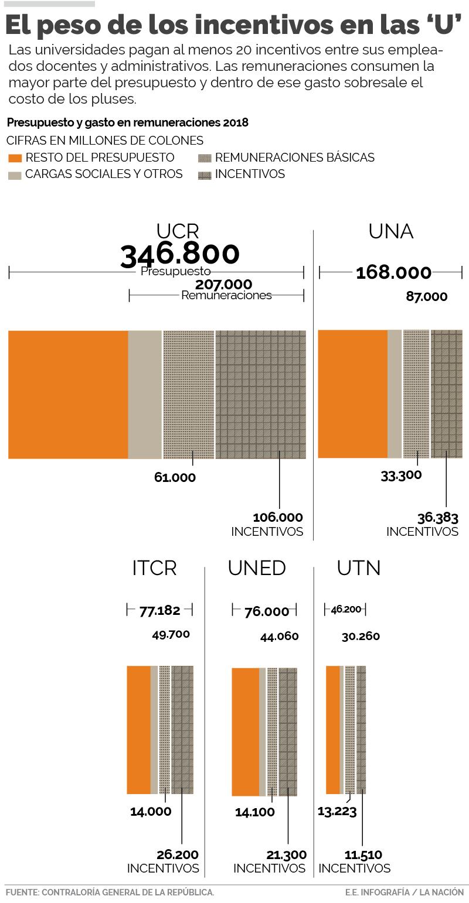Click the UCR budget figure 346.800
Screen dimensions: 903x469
[180, 254]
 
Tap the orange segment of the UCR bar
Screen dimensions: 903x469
[68, 394]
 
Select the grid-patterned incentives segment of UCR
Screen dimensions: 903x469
[260, 394]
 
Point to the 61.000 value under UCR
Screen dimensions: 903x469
[175, 477]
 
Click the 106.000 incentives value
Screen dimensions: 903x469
[278, 518]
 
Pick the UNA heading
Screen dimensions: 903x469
[391, 232]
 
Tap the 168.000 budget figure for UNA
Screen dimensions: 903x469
[393, 272]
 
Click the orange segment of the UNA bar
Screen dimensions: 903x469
[352, 394]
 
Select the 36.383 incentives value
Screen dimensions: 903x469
[437, 518]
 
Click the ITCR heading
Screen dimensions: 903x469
[154, 568]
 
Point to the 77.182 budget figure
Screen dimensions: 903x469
[159, 610]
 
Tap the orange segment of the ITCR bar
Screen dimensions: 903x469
[138, 730]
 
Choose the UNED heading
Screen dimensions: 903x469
[257, 568]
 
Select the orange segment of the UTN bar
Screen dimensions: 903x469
[332, 730]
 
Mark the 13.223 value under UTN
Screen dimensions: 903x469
[337, 811]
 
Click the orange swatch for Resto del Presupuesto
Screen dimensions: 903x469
[15, 158]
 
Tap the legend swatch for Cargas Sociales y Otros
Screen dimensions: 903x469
[15, 175]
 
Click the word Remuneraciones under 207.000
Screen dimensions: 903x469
[226, 295]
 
